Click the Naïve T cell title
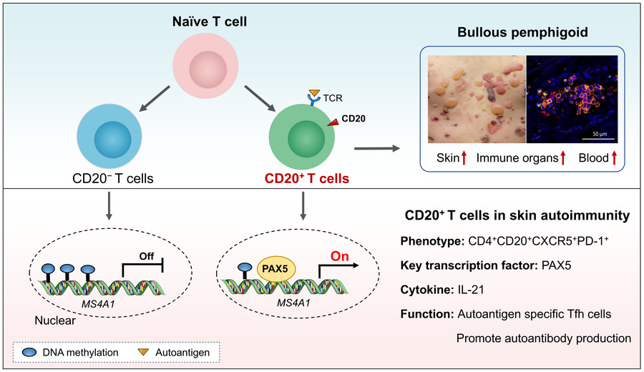(x=210, y=21)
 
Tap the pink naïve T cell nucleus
(x=208, y=69)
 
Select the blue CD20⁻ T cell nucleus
(x=112, y=139)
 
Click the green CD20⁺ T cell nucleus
(x=306, y=139)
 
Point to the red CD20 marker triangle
(x=333, y=122)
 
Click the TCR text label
(x=332, y=98)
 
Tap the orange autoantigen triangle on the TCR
(x=314, y=93)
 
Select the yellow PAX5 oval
(x=275, y=270)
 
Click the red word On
(x=340, y=256)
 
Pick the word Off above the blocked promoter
(x=147, y=256)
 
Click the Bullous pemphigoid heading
(x=522, y=32)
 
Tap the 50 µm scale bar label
(x=600, y=134)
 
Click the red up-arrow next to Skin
(x=464, y=158)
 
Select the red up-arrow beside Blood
(x=615, y=158)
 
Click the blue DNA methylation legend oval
(x=29, y=352)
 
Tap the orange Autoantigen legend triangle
(x=143, y=352)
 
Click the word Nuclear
(x=55, y=320)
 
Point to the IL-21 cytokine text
(x=471, y=290)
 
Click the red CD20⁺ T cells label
(x=307, y=179)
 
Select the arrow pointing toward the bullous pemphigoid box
(x=377, y=148)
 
